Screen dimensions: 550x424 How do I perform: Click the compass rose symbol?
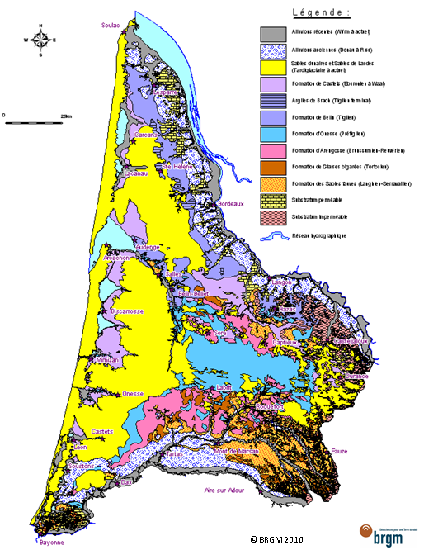[x=40, y=39]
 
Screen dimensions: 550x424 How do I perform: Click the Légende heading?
[x=321, y=12]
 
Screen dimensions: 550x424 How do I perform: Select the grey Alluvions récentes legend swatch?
[x=271, y=34]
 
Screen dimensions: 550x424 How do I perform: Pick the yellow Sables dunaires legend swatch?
[x=271, y=67]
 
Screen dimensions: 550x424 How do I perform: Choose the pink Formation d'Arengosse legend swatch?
[x=271, y=150]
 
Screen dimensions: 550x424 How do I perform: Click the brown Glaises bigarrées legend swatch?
[x=271, y=167]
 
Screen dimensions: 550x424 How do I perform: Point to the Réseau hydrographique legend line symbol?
[x=271, y=235]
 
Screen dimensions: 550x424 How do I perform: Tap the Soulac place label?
[x=111, y=26]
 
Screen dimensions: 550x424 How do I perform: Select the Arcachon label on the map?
[x=115, y=258]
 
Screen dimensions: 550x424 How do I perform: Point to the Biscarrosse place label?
[x=125, y=312]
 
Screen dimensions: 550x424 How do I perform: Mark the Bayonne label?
[x=50, y=542]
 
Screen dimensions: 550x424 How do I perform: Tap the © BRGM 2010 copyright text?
[x=277, y=538]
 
